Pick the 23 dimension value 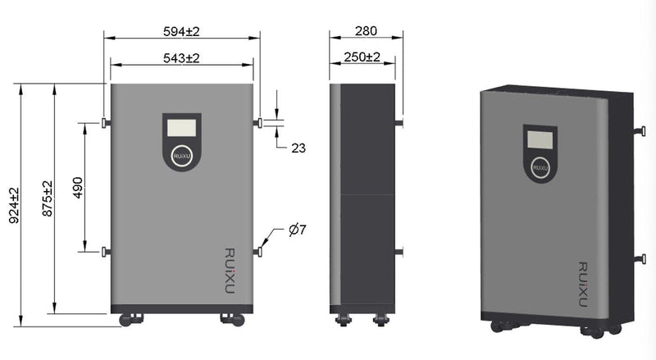299,148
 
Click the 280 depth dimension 366,31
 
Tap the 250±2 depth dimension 361,57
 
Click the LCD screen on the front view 181,128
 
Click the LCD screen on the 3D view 538,138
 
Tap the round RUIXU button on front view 181,156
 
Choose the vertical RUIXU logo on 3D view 583,279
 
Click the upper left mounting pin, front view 105,123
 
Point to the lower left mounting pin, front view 105,252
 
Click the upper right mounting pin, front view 258,123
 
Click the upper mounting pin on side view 399,123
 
